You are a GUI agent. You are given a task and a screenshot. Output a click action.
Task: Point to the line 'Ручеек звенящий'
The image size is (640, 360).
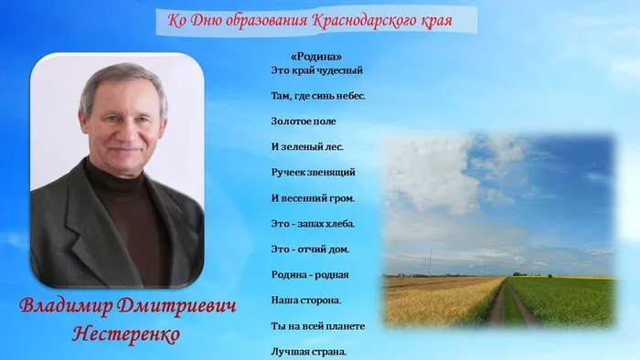[x=313, y=172]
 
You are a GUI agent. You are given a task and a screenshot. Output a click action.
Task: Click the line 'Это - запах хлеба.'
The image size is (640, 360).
[x=313, y=223]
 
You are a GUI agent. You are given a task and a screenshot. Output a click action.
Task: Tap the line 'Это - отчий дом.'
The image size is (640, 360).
[x=310, y=249]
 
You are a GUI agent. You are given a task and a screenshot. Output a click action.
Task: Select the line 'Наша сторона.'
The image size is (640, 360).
[x=306, y=300]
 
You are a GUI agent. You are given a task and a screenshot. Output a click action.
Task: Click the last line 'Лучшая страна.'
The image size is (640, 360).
[x=309, y=351]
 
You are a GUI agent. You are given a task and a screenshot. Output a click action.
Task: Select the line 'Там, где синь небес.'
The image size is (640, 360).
[x=318, y=95]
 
